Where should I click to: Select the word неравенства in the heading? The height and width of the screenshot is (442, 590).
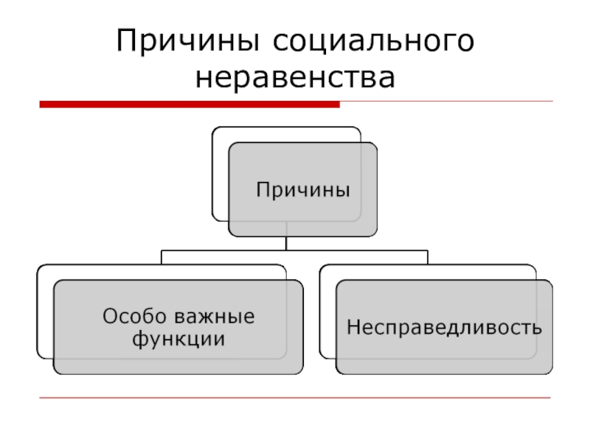click(x=295, y=77)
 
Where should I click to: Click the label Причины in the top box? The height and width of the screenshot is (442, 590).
click(x=302, y=191)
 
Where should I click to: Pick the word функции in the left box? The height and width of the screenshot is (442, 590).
click(x=178, y=340)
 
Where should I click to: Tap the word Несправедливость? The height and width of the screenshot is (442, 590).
click(x=444, y=326)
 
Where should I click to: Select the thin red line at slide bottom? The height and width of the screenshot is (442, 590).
click(x=295, y=399)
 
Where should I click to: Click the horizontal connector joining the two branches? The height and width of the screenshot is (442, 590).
click(x=295, y=250)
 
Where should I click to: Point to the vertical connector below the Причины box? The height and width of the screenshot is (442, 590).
click(x=286, y=244)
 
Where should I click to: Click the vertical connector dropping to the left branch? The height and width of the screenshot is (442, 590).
click(x=162, y=257)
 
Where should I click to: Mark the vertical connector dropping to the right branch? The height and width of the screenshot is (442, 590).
click(x=427, y=257)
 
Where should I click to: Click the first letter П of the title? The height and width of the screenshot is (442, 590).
click(x=126, y=41)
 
